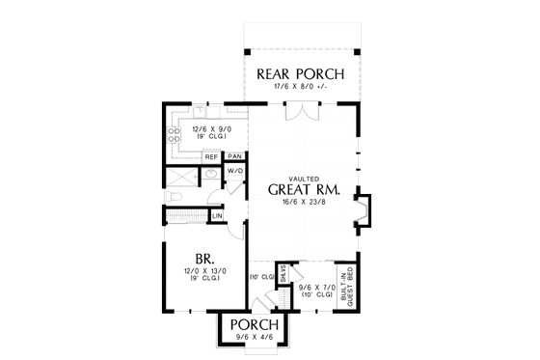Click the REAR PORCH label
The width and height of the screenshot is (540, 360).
300,73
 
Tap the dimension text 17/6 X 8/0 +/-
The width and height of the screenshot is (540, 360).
300,87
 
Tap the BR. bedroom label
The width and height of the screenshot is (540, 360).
204,259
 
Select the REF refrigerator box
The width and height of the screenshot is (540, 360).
209,156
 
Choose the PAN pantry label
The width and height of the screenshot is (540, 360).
234,156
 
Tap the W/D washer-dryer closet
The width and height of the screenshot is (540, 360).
234,172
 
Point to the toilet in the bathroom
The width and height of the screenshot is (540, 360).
175,197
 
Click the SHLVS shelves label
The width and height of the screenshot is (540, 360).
284,274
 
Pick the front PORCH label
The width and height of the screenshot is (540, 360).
256,324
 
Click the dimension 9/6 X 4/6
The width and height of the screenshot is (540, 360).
256,338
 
